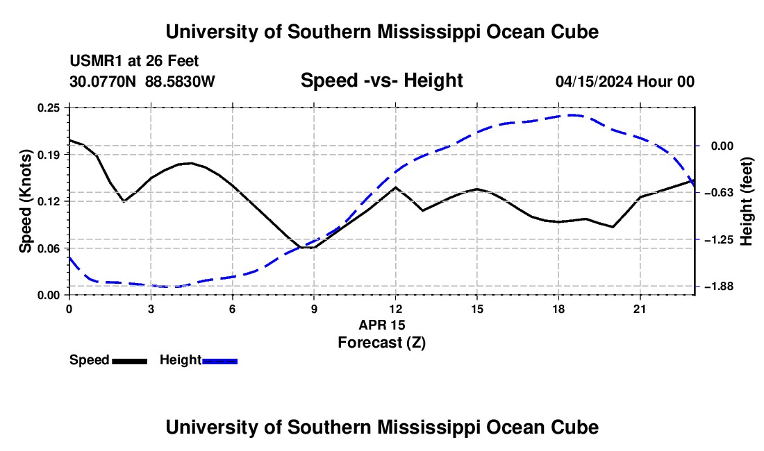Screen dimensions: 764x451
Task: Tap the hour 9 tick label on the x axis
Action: point(314,309)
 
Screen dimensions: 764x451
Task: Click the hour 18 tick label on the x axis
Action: point(558,309)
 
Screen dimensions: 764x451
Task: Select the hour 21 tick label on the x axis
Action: point(640,309)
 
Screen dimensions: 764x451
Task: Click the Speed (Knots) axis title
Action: point(26,201)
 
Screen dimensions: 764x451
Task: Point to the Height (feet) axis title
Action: point(747,201)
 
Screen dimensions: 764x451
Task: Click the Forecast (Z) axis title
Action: point(382,343)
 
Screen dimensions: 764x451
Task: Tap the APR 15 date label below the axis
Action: point(382,325)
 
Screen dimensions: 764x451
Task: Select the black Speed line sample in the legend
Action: point(130,361)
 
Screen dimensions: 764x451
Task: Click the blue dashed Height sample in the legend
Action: point(219,361)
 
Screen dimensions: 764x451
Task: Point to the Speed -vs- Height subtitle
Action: point(381,80)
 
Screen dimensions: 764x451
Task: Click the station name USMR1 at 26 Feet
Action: point(135,61)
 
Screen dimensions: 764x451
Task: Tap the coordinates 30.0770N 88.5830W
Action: point(142,81)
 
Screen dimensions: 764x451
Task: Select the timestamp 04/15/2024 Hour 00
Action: point(625,81)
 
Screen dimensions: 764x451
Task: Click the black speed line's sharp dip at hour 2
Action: point(124,201)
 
